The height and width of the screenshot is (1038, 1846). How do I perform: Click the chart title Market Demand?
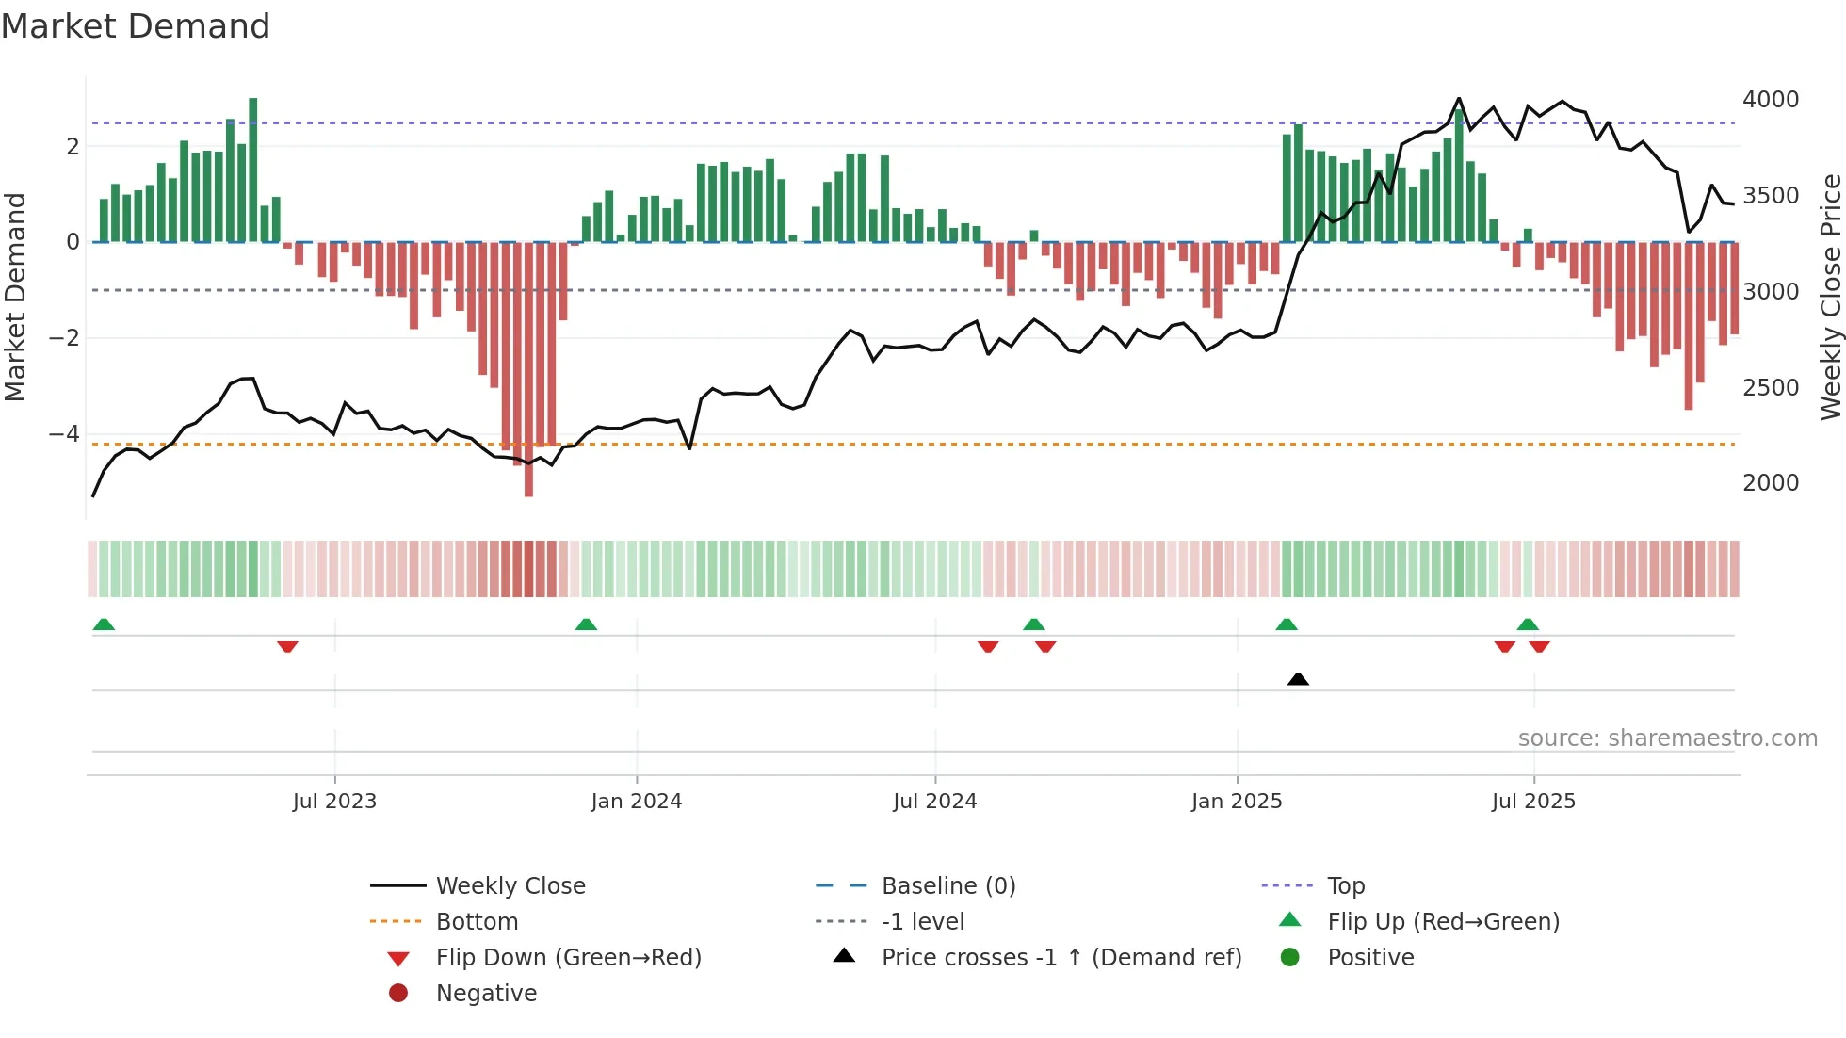pyautogui.click(x=136, y=26)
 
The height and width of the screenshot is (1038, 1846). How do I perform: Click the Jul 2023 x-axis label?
pyautogui.click(x=334, y=802)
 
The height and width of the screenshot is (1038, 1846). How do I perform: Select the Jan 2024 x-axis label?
pyautogui.click(x=636, y=802)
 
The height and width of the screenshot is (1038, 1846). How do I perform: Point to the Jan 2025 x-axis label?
pyautogui.click(x=1236, y=802)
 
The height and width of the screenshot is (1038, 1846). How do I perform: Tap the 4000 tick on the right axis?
pyautogui.click(x=1770, y=100)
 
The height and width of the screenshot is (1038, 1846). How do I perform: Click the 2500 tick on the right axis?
pyautogui.click(x=1770, y=387)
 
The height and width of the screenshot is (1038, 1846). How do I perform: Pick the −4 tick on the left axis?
pyautogui.click(x=64, y=434)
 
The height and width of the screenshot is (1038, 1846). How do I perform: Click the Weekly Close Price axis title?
pyautogui.click(x=1830, y=297)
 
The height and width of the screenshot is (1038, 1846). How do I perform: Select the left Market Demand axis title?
pyautogui.click(x=15, y=297)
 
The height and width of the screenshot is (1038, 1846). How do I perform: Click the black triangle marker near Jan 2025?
pyautogui.click(x=1298, y=679)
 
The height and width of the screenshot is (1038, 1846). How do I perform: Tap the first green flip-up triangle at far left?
pyautogui.click(x=104, y=624)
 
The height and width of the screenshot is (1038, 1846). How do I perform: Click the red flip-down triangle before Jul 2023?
pyautogui.click(x=287, y=646)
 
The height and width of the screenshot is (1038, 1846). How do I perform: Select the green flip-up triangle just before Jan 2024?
pyautogui.click(x=586, y=624)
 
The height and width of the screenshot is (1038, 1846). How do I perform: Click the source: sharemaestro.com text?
pyautogui.click(x=1667, y=738)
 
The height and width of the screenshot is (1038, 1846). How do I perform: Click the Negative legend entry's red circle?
pyautogui.click(x=398, y=994)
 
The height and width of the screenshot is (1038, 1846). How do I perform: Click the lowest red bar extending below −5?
pyautogui.click(x=528, y=471)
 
